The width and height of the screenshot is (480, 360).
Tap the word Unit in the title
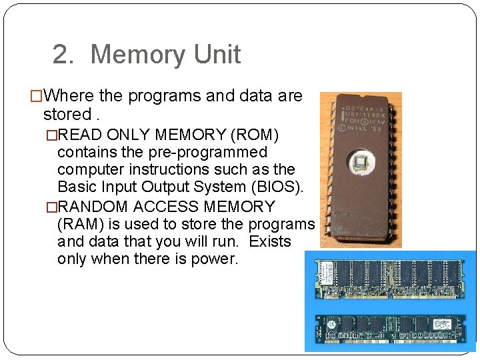coord(219,55)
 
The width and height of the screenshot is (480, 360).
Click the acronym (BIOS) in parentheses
coord(280,186)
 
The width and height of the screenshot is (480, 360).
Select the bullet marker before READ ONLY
coord(51,136)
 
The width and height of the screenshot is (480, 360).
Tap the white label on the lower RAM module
coord(444,324)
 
